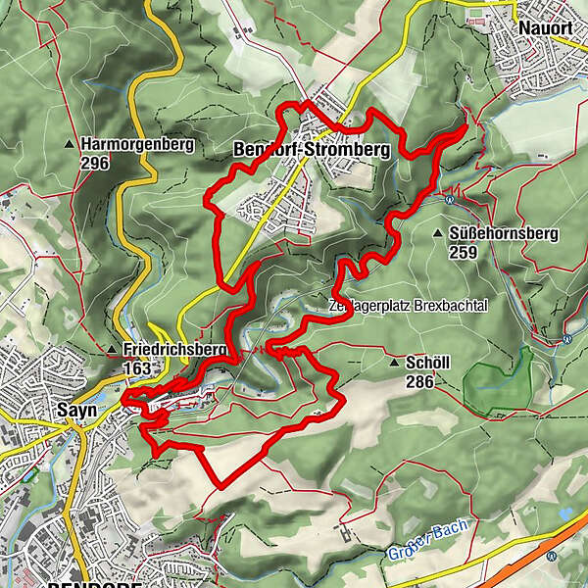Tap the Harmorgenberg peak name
click(x=138, y=144)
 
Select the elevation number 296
click(x=96, y=163)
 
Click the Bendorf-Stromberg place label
click(x=312, y=150)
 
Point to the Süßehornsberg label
click(x=502, y=233)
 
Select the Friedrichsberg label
click(x=175, y=350)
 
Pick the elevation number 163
click(x=139, y=368)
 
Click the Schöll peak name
click(x=427, y=362)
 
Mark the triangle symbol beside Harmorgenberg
click(x=70, y=145)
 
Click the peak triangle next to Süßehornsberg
click(x=435, y=233)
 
